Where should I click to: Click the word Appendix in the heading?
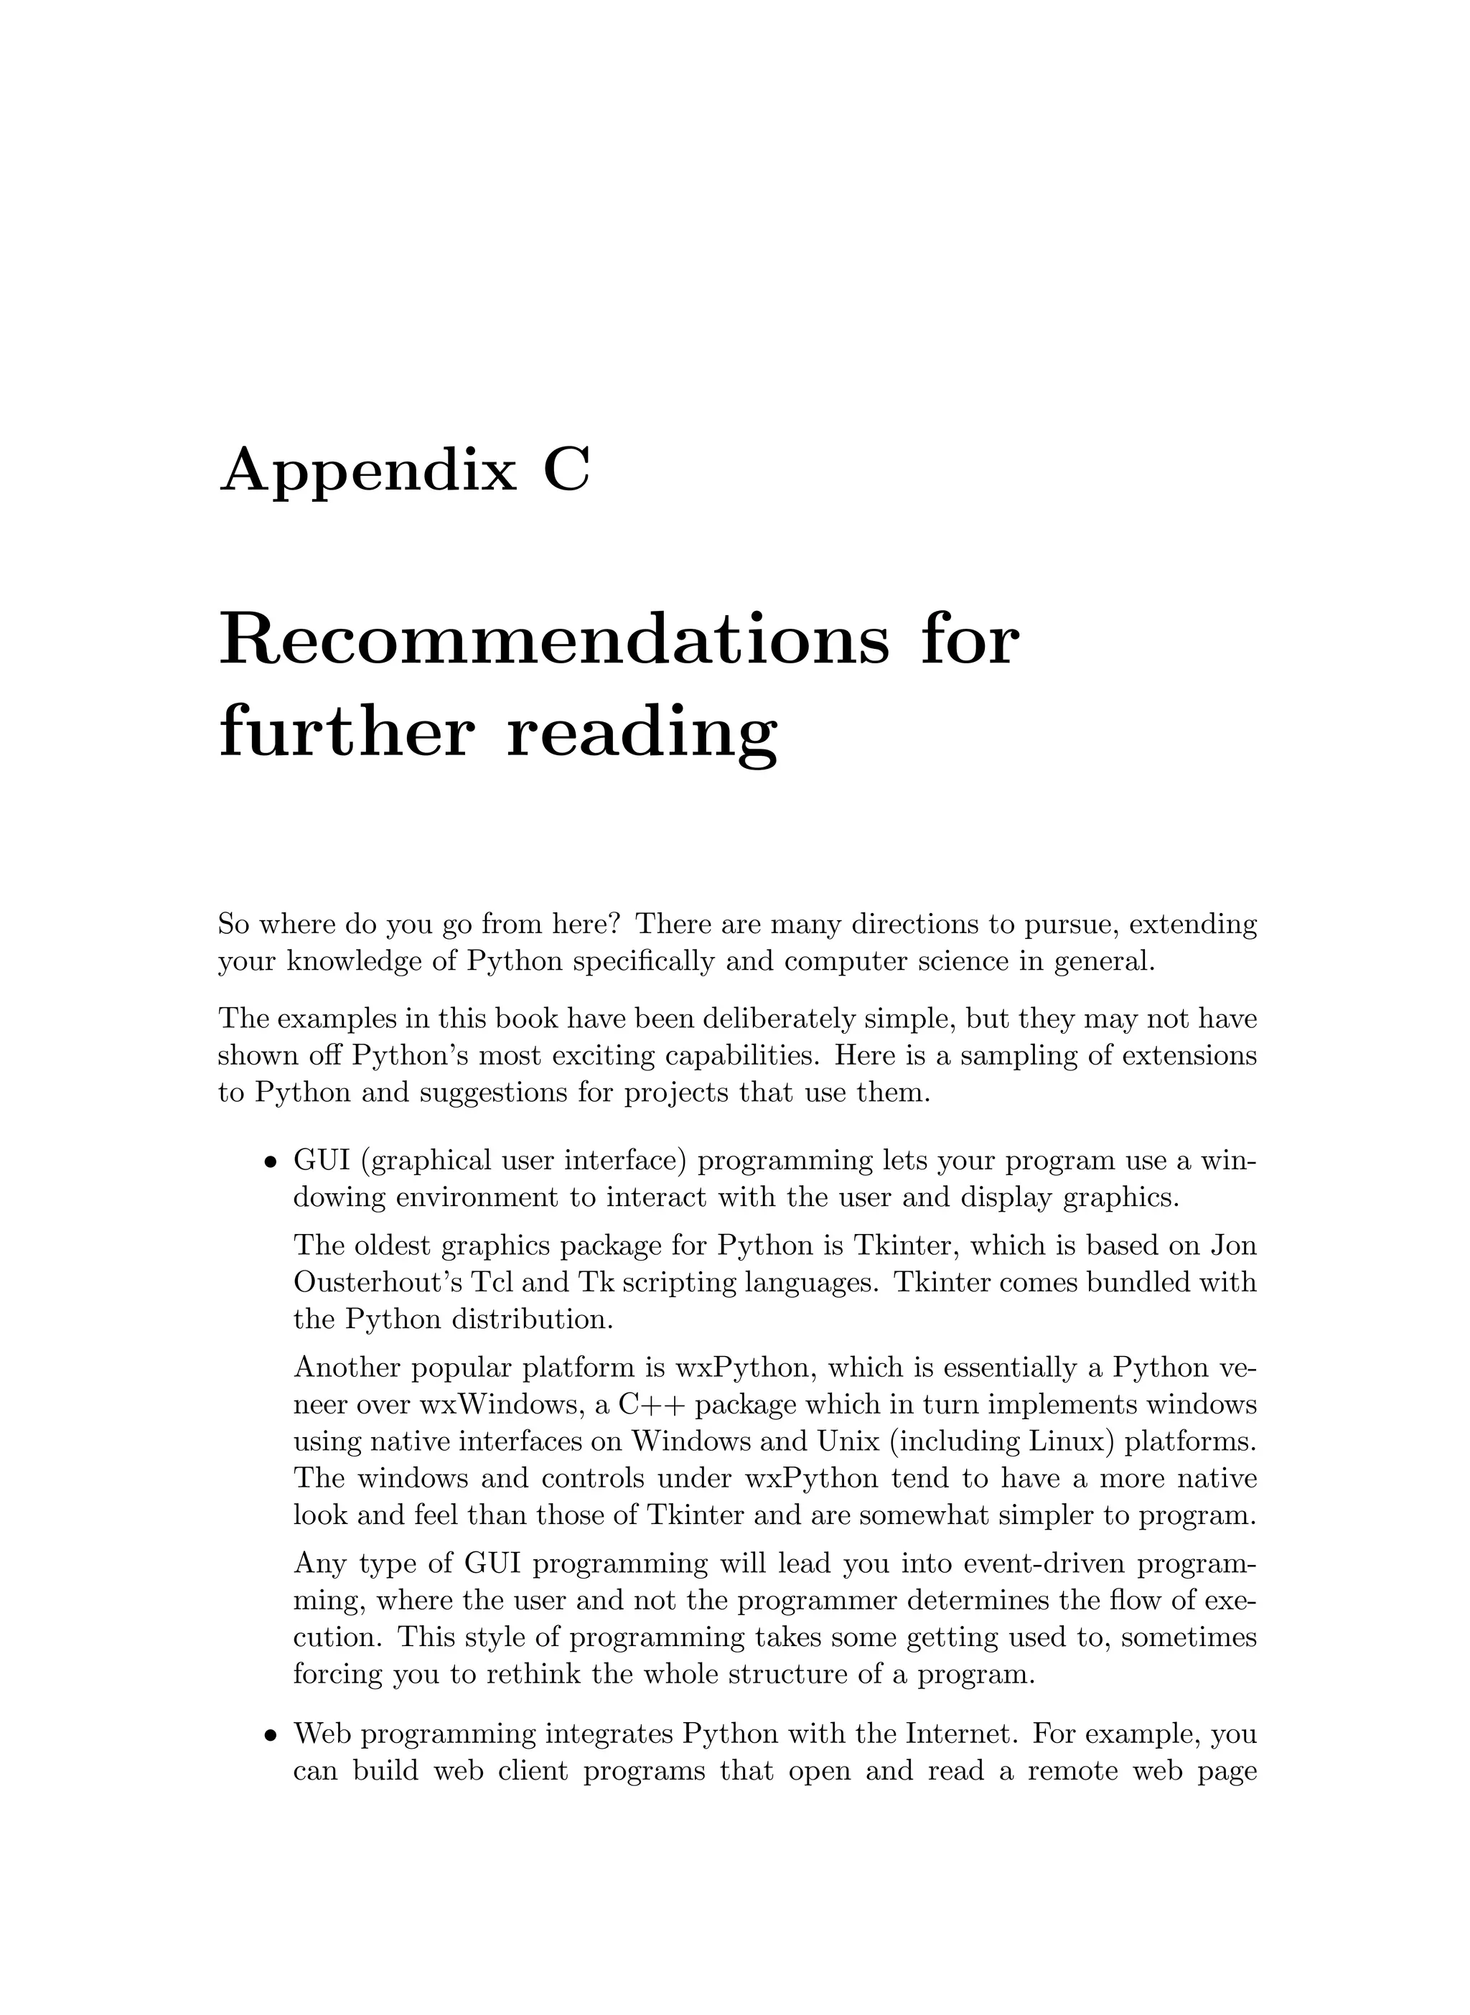pos(367,472)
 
